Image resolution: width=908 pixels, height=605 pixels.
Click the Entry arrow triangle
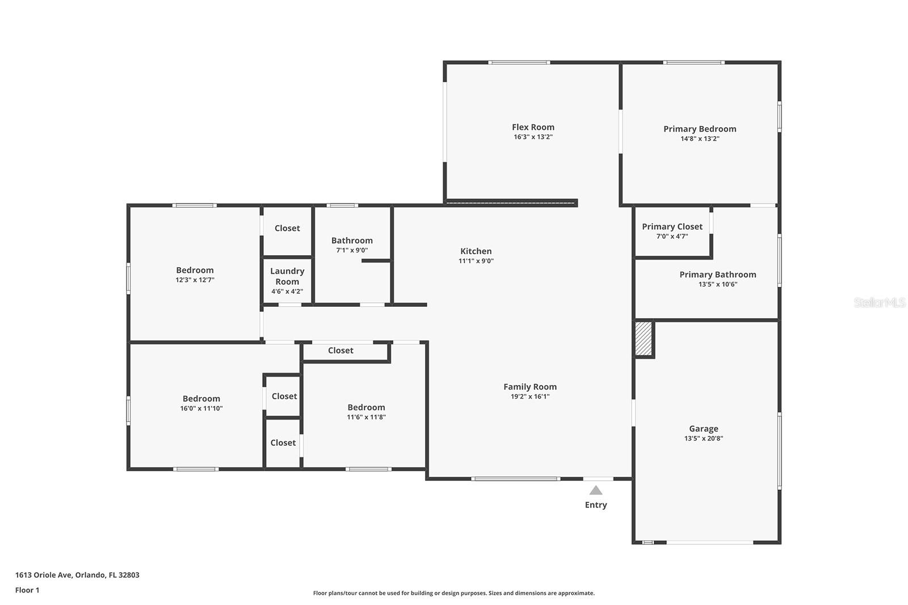[595, 490]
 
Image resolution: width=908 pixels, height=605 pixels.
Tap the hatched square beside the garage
[643, 339]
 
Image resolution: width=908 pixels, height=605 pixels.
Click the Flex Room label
[533, 127]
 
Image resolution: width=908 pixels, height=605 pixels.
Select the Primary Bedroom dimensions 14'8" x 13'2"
[700, 138]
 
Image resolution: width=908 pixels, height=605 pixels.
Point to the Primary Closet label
[672, 226]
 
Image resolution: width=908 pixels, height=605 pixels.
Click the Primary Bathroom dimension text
[717, 284]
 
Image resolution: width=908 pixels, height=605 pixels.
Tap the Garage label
[703, 429]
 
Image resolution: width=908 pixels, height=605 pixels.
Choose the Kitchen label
[476, 251]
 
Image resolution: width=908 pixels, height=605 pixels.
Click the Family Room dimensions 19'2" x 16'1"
[529, 396]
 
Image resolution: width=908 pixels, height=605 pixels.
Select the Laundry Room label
[287, 276]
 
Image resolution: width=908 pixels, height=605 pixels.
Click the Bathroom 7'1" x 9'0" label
[352, 244]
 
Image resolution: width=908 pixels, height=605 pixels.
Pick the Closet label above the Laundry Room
[287, 228]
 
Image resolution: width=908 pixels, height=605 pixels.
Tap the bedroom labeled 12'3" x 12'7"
[195, 274]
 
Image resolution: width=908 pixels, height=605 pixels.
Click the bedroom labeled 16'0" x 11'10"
[201, 403]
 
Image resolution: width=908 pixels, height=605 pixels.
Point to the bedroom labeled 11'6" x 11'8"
[366, 411]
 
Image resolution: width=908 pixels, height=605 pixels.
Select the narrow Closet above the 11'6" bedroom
[340, 350]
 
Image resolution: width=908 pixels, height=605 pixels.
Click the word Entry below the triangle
[596, 505]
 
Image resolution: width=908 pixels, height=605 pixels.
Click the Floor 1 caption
[27, 590]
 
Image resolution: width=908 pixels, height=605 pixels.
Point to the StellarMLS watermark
[879, 303]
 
